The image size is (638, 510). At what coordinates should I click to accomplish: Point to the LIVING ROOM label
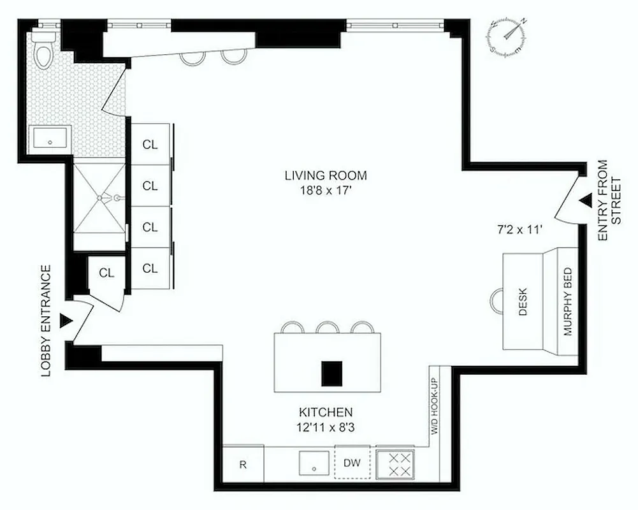(317, 175)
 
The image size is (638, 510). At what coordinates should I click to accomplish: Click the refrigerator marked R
(243, 464)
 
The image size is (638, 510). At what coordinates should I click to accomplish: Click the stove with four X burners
(395, 463)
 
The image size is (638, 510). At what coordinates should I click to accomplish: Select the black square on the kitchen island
(331, 374)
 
